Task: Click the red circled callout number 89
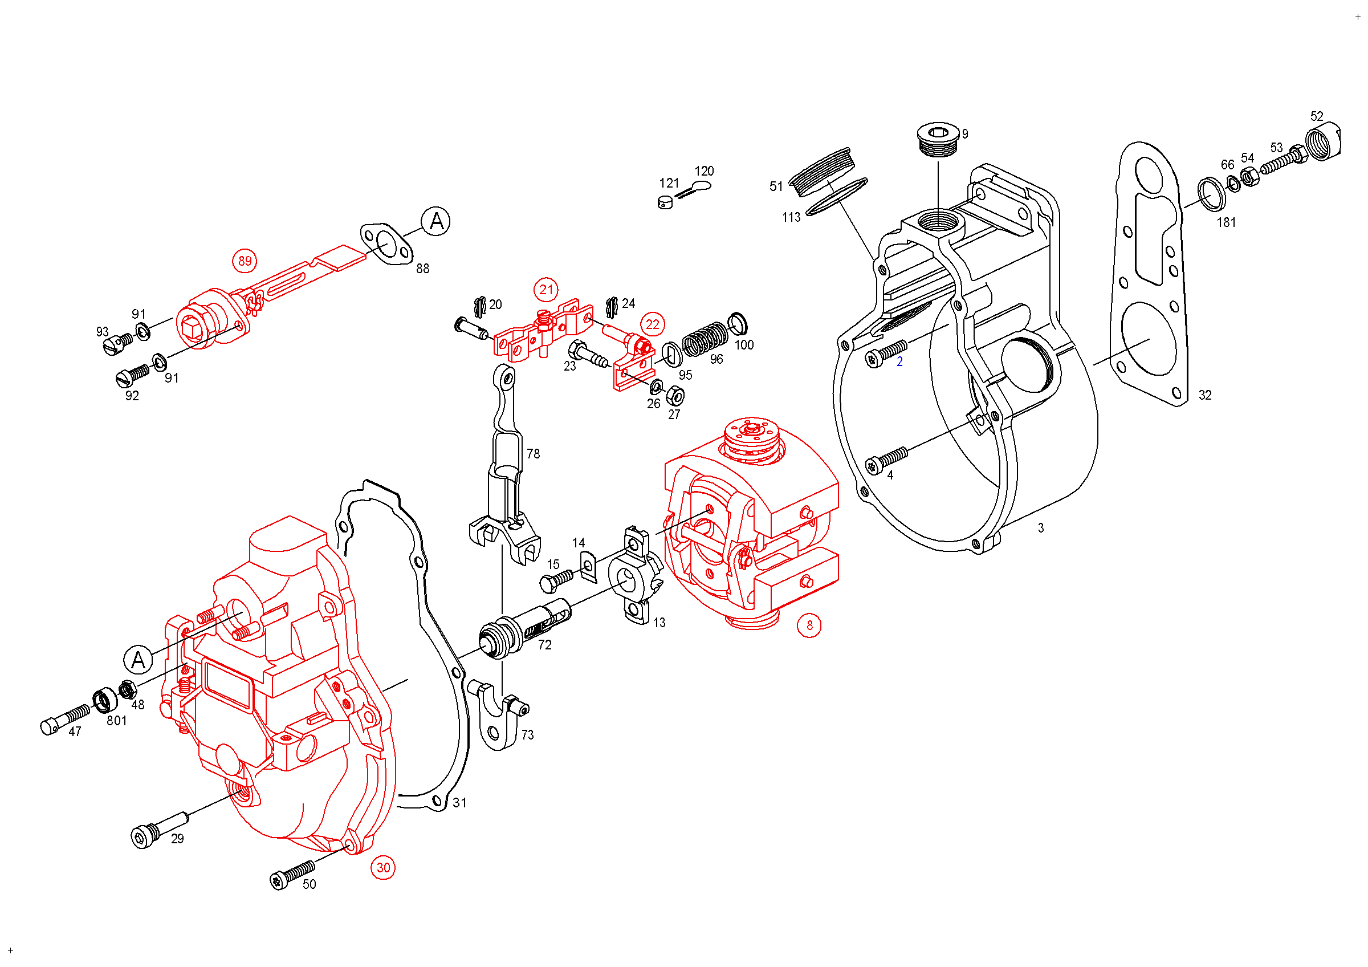(245, 261)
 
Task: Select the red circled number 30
(383, 867)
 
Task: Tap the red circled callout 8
(809, 625)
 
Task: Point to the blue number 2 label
(899, 361)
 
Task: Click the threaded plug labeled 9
(938, 140)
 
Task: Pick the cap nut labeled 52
(1323, 142)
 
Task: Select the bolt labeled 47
(66, 719)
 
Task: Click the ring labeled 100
(738, 323)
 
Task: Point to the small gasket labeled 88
(386, 244)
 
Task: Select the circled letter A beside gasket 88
(435, 222)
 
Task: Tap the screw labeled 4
(886, 460)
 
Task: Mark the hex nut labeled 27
(674, 396)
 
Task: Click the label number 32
(1205, 395)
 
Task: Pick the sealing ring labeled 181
(1212, 194)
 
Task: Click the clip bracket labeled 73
(498, 715)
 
